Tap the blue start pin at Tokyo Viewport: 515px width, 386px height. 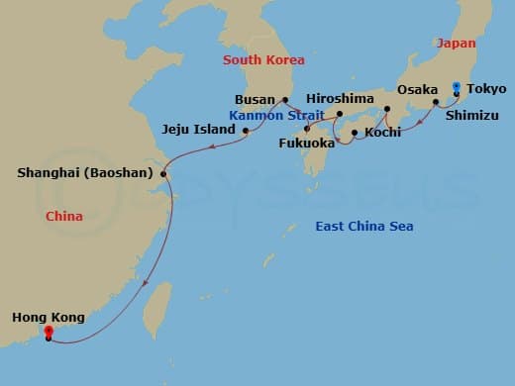coord(456,87)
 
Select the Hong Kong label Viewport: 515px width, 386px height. coord(49,318)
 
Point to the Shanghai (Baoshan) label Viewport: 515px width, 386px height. coord(85,173)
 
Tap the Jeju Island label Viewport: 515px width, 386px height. coord(200,130)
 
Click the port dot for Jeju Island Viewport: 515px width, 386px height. coord(245,130)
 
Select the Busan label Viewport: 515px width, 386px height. coord(256,100)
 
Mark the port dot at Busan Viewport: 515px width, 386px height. coord(285,100)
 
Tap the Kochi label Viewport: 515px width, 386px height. coord(382,132)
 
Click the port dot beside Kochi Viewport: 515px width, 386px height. coord(355,132)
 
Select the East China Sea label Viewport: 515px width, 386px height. coord(363,227)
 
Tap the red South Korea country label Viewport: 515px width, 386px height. coord(262,59)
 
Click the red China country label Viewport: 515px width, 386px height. coord(64,216)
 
